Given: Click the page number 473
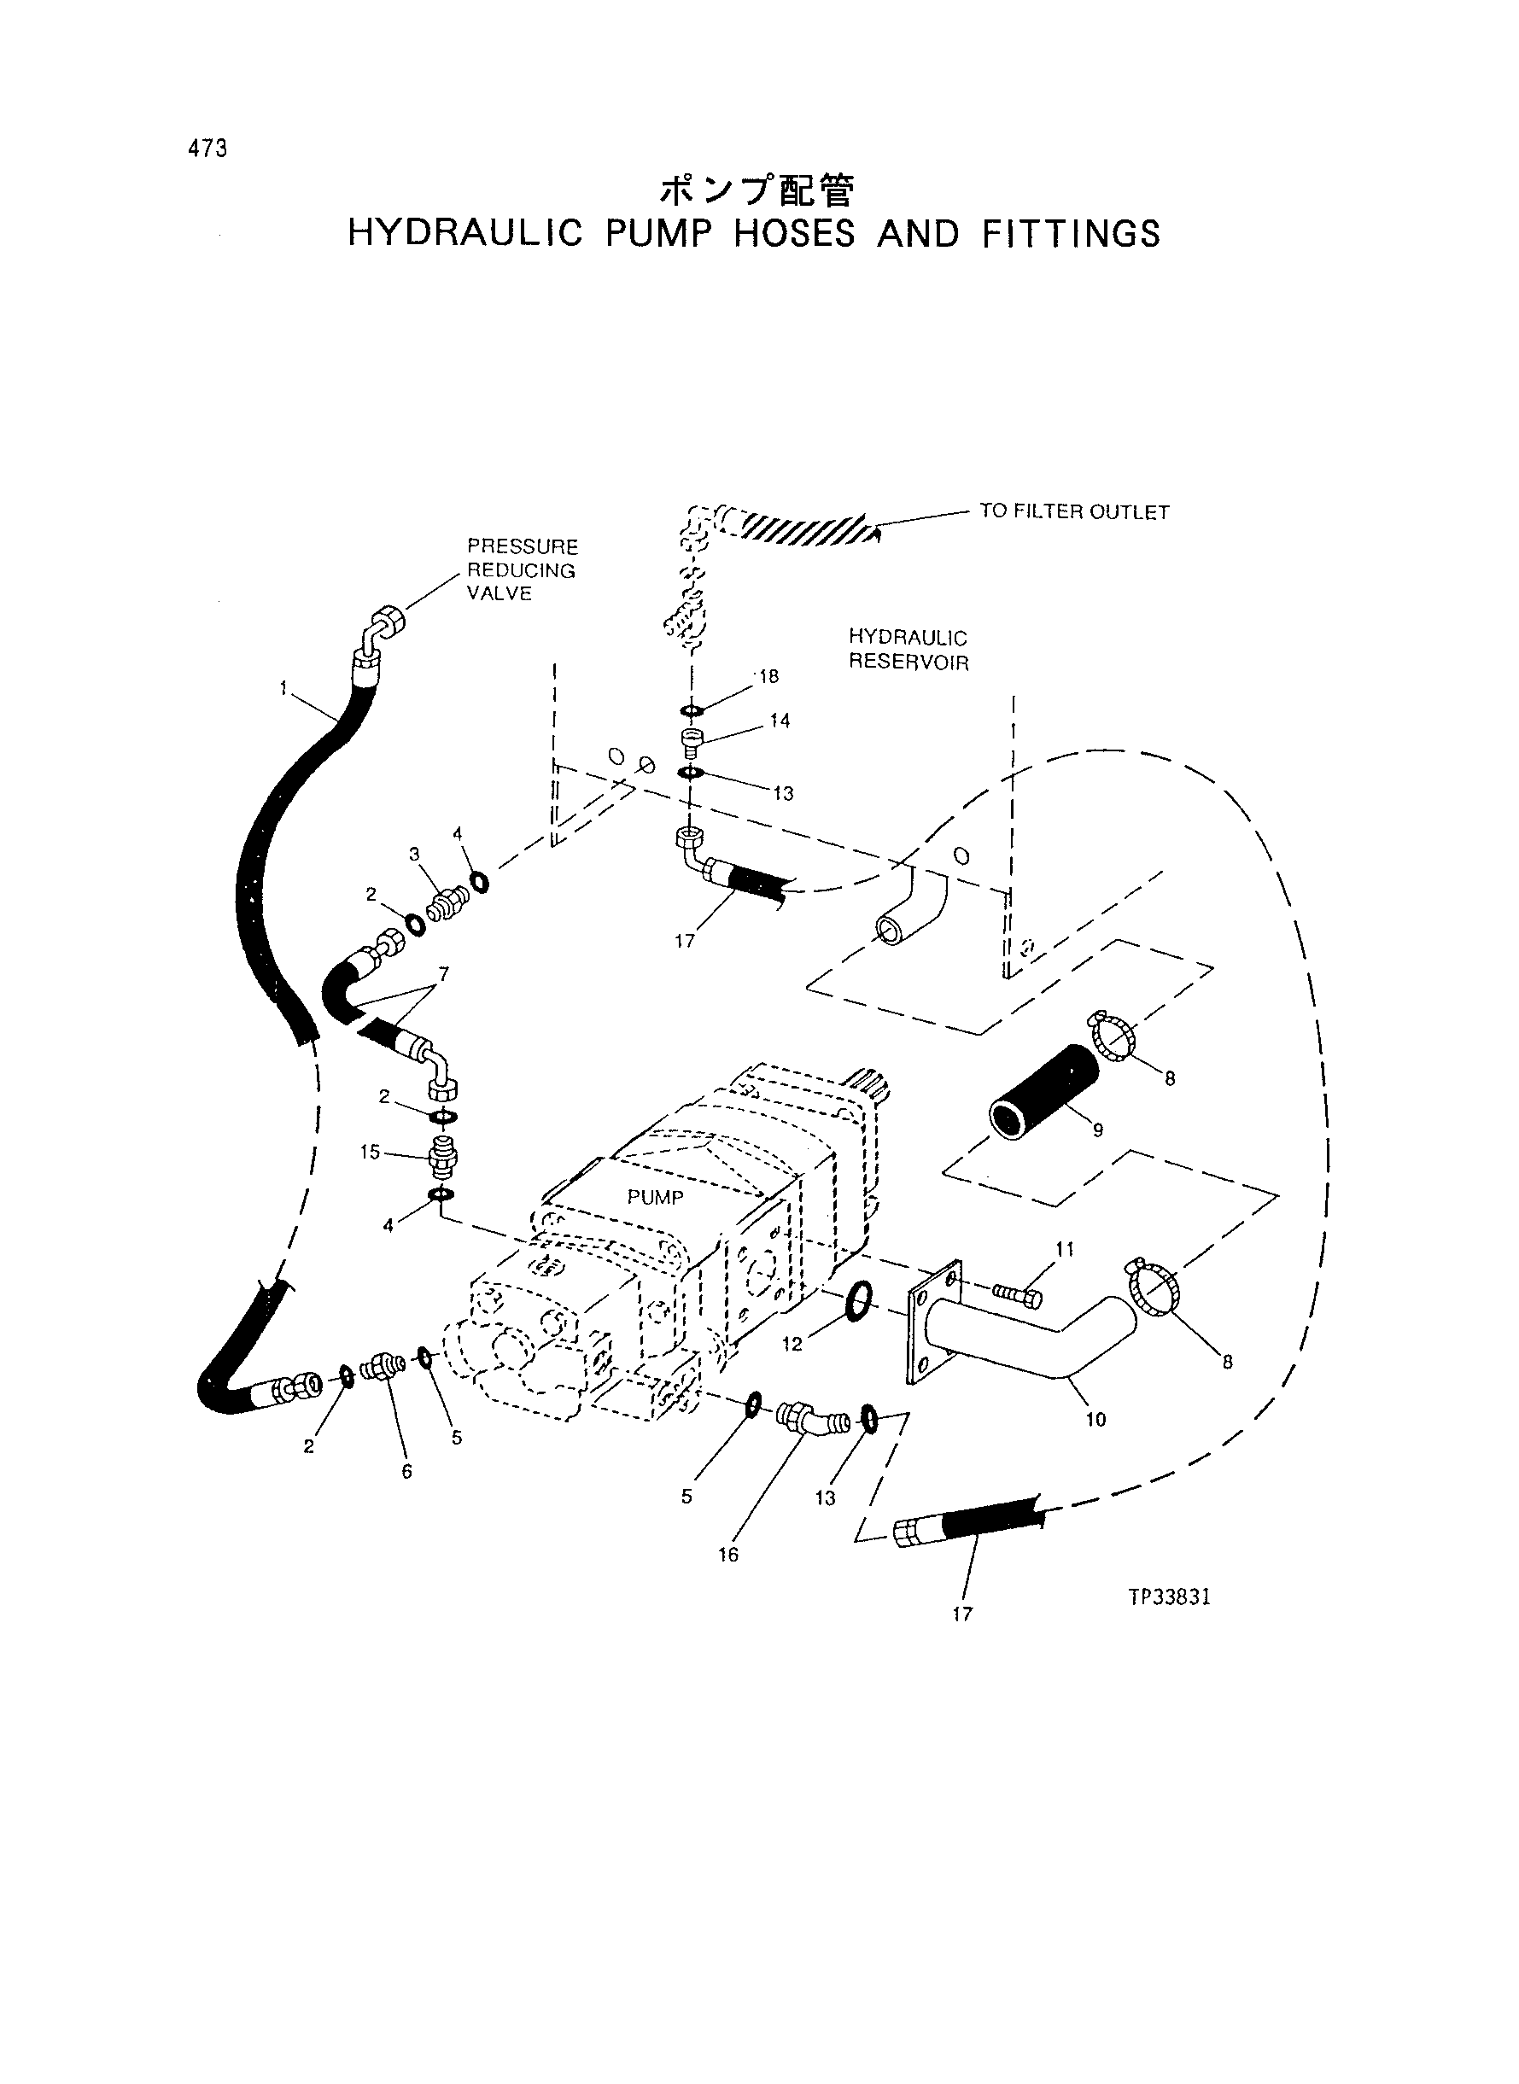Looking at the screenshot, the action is point(207,149).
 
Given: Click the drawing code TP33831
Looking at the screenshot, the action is point(1169,1597).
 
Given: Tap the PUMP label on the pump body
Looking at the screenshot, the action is point(656,1198).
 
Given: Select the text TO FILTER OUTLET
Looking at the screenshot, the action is point(1074,512).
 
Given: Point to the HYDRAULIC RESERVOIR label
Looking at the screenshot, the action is point(908,650).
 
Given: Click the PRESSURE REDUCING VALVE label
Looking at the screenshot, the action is point(523,570).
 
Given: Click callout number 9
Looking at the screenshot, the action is point(1098,1130).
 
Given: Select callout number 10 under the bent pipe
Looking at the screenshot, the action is point(1096,1421).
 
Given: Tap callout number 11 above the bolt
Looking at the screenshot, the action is point(1065,1249).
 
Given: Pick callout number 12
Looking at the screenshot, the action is point(792,1345).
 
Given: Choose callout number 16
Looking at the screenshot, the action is point(728,1556).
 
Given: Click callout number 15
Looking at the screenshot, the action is point(370,1153).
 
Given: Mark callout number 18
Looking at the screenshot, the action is point(768,676).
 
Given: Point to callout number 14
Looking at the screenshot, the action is point(780,721).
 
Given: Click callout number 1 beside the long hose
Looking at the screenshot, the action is point(285,686).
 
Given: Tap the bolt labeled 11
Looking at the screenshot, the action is point(1017,1295).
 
